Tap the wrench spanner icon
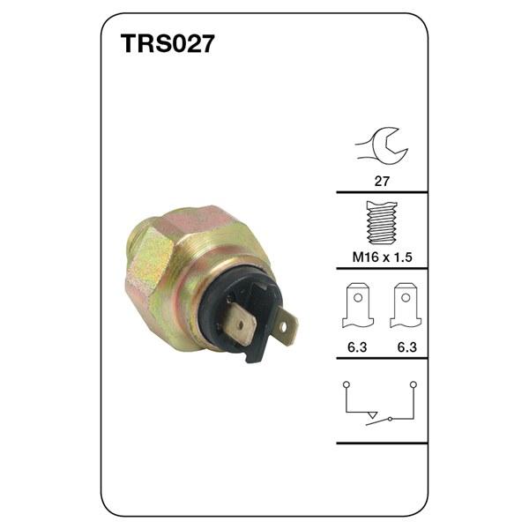[x=382, y=144]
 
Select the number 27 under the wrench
[x=382, y=181]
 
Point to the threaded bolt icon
[x=382, y=225]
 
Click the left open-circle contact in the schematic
[x=346, y=384]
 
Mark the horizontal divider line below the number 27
[x=382, y=192]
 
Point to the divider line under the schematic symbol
[x=382, y=443]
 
